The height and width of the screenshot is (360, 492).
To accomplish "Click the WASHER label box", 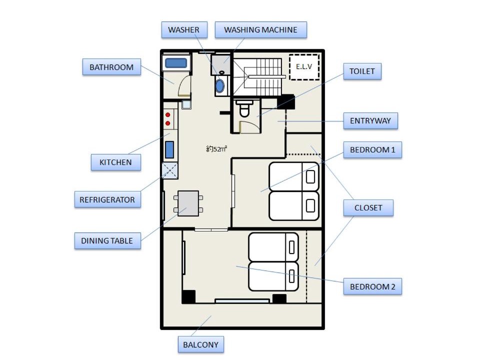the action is pyautogui.click(x=184, y=30).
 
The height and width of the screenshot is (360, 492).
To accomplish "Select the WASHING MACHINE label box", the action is pyautogui.click(x=260, y=30).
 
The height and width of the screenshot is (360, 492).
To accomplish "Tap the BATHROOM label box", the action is pyautogui.click(x=111, y=67).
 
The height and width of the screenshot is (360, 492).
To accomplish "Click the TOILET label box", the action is pyautogui.click(x=362, y=71).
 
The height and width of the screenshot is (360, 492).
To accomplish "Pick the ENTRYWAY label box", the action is pyautogui.click(x=370, y=121).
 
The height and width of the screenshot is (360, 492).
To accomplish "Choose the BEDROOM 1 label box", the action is pyautogui.click(x=372, y=149).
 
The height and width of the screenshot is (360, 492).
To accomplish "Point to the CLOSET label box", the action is pyautogui.click(x=368, y=208).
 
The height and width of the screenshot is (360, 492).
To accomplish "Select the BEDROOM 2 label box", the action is pyautogui.click(x=372, y=286).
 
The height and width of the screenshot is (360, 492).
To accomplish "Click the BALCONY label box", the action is pyautogui.click(x=201, y=344).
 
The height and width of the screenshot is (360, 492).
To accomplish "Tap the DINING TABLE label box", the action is pyautogui.click(x=107, y=240).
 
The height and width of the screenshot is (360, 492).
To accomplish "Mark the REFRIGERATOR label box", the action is pyautogui.click(x=107, y=199).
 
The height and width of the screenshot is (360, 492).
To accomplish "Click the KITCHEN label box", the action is pyautogui.click(x=116, y=162).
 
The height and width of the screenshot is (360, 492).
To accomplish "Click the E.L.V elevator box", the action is pyautogui.click(x=304, y=67).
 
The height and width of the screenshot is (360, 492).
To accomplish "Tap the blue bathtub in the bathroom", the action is pyautogui.click(x=176, y=63).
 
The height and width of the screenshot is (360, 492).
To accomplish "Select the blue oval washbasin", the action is pyautogui.click(x=220, y=86).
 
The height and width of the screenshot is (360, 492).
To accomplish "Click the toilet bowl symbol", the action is pyautogui.click(x=244, y=109).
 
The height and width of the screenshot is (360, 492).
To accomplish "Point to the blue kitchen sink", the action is pyautogui.click(x=169, y=149).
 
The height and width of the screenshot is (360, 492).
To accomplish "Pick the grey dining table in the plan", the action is pyautogui.click(x=188, y=203).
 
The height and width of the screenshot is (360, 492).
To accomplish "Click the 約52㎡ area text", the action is pyautogui.click(x=216, y=149).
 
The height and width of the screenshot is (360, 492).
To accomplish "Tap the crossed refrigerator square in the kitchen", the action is pyautogui.click(x=170, y=170).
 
